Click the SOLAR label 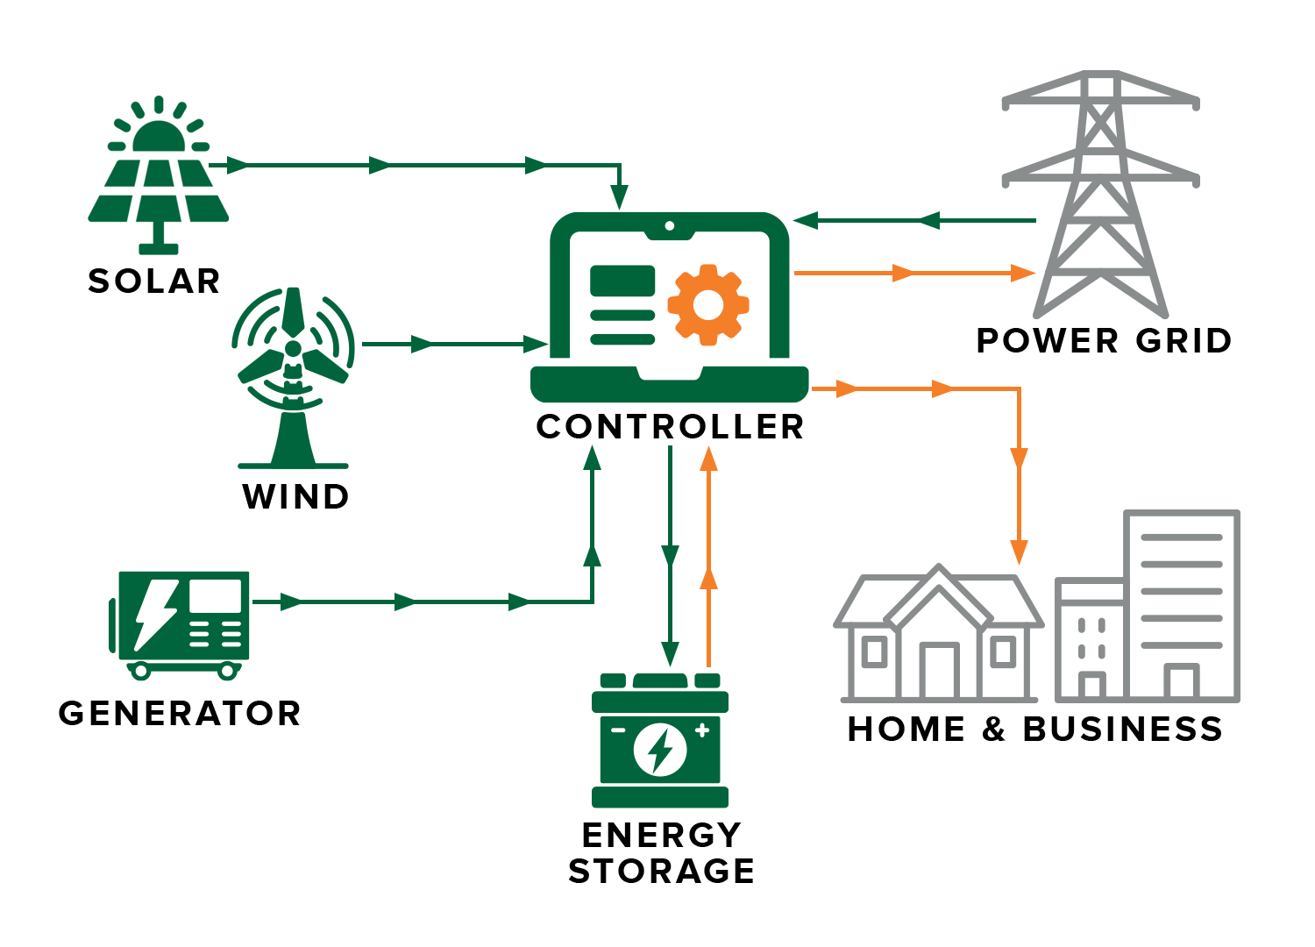click(x=153, y=281)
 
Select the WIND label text click(x=295, y=497)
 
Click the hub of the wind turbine click(x=293, y=349)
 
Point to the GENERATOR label click(x=180, y=713)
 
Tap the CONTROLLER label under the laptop click(x=670, y=427)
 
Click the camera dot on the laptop click(x=670, y=226)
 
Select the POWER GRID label click(x=1104, y=340)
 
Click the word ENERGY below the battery click(x=661, y=835)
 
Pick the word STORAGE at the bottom click(x=661, y=871)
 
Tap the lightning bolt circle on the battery click(x=659, y=751)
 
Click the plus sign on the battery click(x=701, y=730)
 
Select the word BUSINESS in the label click(x=1122, y=730)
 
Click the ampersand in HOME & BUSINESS click(x=993, y=730)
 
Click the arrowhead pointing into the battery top click(x=670, y=654)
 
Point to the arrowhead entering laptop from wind click(x=536, y=345)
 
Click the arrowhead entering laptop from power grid click(x=806, y=221)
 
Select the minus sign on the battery click(x=618, y=730)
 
